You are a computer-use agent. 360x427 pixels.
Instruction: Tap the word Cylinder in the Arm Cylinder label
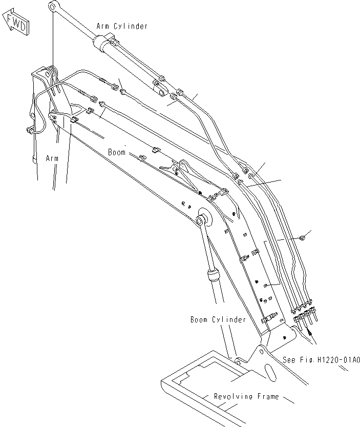[x=131, y=26]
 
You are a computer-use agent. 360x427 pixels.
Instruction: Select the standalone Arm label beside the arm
[x=52, y=158]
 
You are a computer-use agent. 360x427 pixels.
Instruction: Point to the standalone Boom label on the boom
[x=116, y=152]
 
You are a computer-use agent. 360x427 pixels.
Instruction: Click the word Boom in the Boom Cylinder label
[x=199, y=320]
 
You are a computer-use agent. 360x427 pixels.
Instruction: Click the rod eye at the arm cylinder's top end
[x=53, y=6]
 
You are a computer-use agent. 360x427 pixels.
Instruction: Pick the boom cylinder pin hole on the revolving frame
[x=238, y=363]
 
